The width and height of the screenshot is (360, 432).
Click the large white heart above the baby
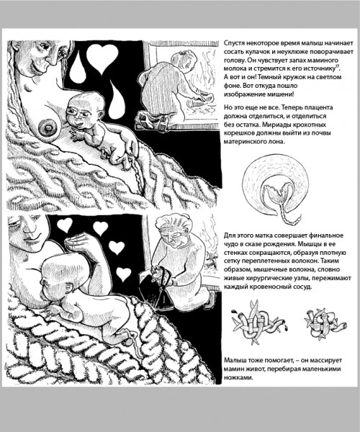[102, 58]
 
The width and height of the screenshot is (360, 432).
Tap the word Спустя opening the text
[234, 43]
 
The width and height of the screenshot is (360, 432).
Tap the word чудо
[230, 244]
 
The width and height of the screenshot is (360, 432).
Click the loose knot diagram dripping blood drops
[259, 323]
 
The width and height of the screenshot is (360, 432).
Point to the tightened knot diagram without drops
[325, 323]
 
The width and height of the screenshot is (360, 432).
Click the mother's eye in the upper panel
[45, 46]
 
